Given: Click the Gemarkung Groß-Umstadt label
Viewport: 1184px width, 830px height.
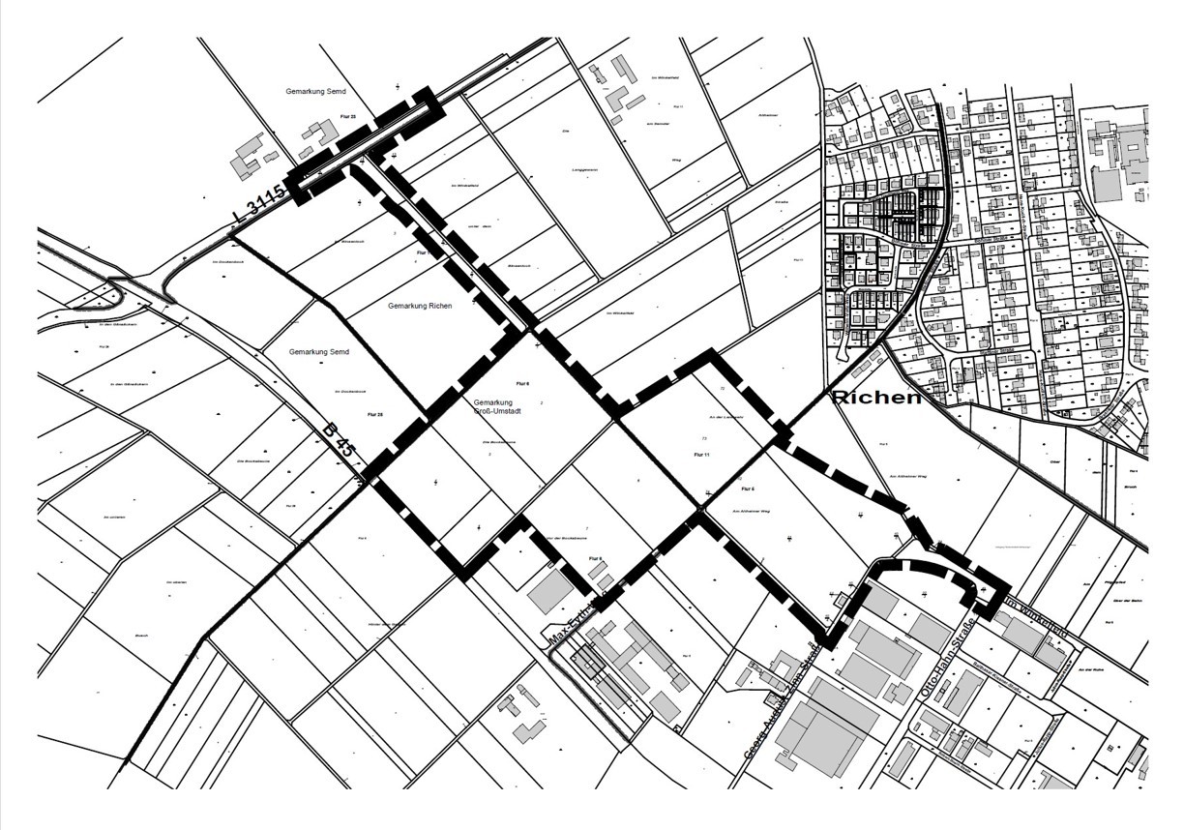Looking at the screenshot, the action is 500,406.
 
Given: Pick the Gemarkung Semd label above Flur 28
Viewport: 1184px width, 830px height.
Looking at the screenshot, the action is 318,352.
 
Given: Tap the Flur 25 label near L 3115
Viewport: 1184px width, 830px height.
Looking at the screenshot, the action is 348,117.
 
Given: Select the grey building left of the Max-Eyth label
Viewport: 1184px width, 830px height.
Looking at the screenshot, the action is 548,592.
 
